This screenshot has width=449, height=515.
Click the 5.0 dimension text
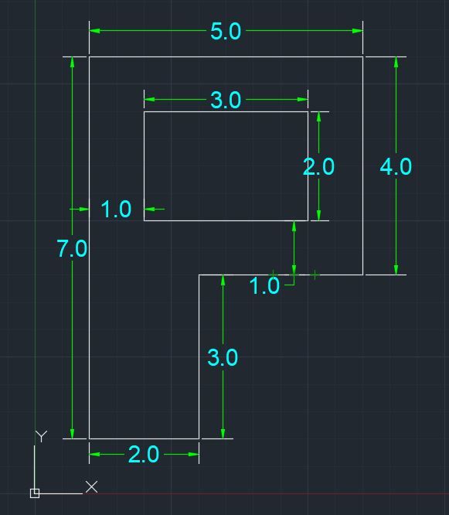point(226,31)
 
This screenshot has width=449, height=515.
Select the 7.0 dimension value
point(72,248)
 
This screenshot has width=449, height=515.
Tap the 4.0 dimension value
point(396,166)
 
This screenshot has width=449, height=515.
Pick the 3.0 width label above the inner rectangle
point(226,100)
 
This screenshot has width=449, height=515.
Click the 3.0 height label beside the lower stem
point(223,357)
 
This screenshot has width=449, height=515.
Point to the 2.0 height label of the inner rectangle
point(318,166)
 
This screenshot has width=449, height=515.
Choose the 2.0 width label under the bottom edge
point(144,454)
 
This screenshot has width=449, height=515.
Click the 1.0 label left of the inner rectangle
point(116,209)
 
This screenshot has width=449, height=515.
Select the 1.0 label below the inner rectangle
point(264,285)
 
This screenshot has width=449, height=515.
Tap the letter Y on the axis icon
point(41,436)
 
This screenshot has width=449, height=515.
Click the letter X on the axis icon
point(91,486)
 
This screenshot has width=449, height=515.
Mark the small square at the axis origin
point(35,493)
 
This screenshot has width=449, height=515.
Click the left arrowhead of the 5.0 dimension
point(94,31)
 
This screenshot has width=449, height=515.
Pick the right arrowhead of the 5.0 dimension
point(358,31)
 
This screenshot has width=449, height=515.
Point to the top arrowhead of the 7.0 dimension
point(72,63)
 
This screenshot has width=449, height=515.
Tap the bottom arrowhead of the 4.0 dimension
point(396,269)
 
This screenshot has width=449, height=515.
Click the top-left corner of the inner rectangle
point(144,111)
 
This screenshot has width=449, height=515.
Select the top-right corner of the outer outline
point(363,56)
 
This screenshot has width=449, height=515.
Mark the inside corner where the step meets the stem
point(199,275)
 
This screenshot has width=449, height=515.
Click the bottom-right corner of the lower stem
point(199,438)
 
